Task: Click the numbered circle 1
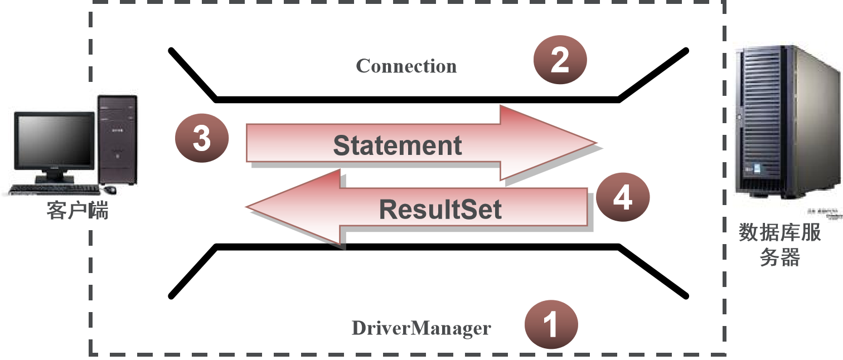coord(551,324)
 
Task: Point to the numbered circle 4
coord(622,197)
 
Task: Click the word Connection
coord(406,66)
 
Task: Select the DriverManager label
coord(421,328)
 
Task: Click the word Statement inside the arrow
coord(397,145)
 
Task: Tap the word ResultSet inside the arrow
coord(440,210)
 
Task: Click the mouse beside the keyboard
coord(110,190)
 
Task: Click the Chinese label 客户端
coord(77,211)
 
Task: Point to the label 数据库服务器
coord(780,244)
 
